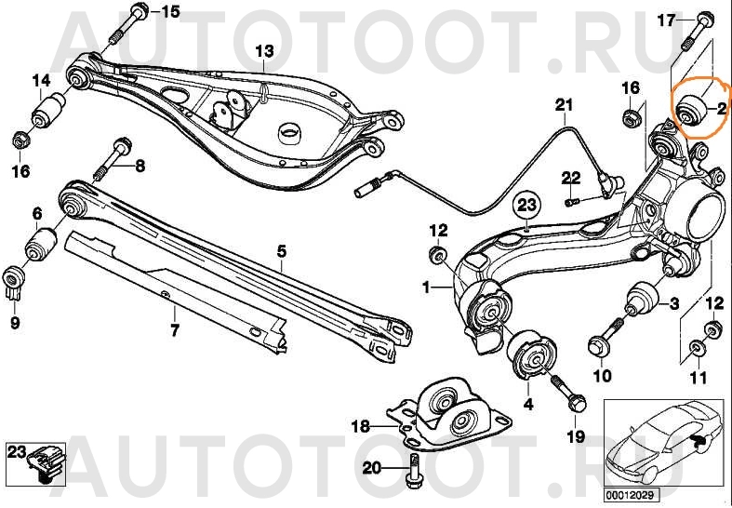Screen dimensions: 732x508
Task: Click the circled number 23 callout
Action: click(x=527, y=206)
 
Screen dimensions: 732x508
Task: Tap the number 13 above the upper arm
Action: click(x=264, y=51)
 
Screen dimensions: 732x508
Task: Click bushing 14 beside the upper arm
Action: click(x=48, y=111)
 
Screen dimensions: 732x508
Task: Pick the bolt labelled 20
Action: click(x=413, y=471)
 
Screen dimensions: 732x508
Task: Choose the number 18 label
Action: click(x=360, y=425)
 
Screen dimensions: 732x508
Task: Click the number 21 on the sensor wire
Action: click(x=564, y=105)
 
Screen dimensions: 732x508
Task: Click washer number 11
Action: click(x=696, y=347)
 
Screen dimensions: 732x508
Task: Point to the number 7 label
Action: click(x=174, y=330)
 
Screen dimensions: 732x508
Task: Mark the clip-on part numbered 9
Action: click(x=14, y=283)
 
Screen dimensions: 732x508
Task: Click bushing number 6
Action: click(x=40, y=243)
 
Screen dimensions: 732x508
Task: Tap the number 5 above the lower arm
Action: click(x=281, y=252)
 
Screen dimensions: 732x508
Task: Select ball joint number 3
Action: click(x=642, y=300)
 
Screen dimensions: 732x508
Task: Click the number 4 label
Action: click(x=528, y=404)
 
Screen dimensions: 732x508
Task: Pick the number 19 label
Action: click(x=576, y=436)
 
